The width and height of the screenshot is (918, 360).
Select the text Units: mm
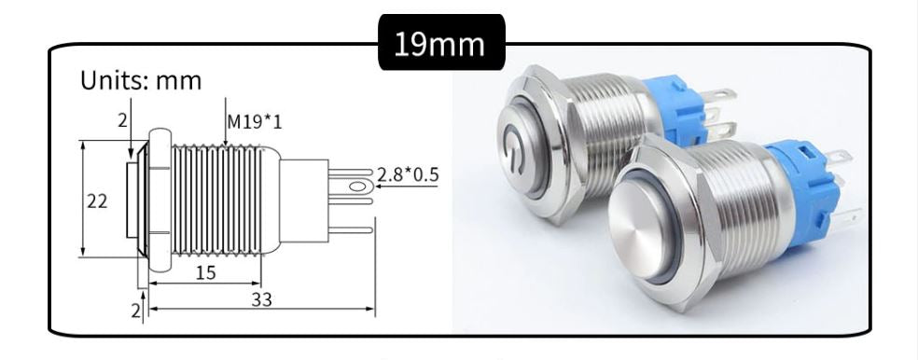tap(141, 80)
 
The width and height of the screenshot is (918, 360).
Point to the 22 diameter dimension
tap(97, 201)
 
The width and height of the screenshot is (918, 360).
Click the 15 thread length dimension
tap(207, 272)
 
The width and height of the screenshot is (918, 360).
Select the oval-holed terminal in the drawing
tap(355, 187)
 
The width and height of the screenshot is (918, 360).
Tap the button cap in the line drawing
tap(132, 200)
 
